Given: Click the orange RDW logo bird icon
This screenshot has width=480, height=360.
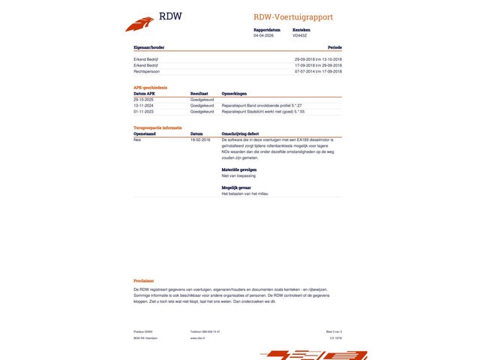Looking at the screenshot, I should (139, 24).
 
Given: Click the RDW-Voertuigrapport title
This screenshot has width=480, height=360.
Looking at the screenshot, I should (293, 17).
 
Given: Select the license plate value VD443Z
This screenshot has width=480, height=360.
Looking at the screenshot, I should (300, 35).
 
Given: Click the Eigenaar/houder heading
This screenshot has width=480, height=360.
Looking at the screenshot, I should (149, 47).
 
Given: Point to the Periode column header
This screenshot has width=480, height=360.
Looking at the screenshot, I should (334, 47).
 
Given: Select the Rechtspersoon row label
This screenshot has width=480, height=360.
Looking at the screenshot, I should (147, 71).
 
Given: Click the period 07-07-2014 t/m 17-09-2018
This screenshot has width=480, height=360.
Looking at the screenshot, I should (318, 71).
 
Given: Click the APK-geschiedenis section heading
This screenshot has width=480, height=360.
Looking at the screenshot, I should (150, 88).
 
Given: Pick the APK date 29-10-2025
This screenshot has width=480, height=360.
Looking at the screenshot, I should (144, 100).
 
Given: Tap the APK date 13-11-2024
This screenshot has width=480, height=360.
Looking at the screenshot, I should (144, 106).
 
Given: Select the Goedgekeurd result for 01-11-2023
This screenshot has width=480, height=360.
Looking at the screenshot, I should (202, 111).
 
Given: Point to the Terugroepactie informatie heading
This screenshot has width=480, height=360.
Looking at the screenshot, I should (157, 128).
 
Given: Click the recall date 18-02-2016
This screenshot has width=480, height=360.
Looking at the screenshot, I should (200, 139).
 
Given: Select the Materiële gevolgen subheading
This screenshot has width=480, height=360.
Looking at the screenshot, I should (239, 169).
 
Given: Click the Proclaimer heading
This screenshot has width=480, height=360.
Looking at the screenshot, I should (144, 280).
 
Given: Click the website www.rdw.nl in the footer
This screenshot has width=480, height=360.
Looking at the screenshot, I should (198, 338).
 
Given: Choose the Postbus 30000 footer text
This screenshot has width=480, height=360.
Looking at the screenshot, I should (142, 331).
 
